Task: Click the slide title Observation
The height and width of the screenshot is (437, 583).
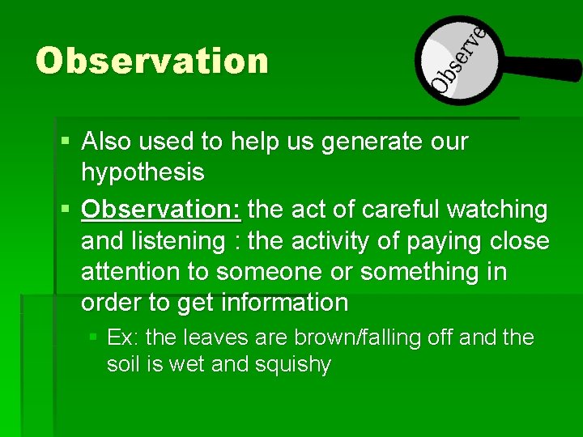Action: click(151, 62)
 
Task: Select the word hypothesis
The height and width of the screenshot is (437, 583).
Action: click(143, 172)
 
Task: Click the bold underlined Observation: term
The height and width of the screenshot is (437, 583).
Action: click(161, 210)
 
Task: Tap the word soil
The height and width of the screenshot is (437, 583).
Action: click(124, 365)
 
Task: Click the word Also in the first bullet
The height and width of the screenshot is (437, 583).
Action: click(107, 142)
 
